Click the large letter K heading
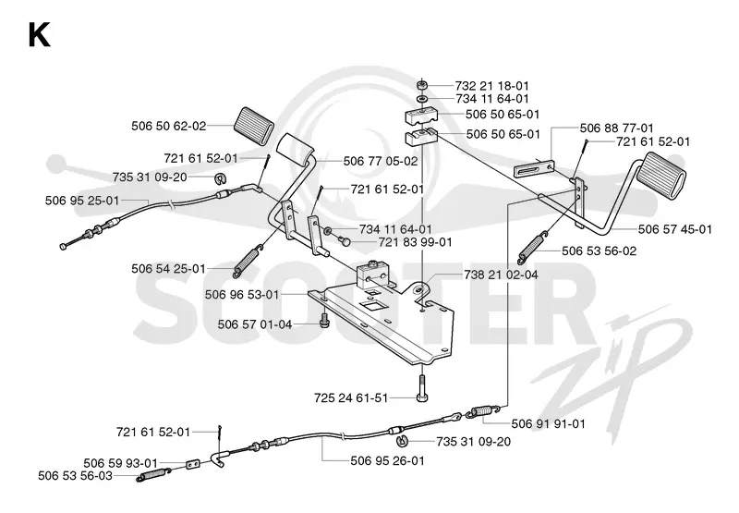39,35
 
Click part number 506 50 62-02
169,126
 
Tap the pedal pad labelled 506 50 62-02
253,125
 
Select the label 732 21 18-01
492,86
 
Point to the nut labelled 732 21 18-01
422,86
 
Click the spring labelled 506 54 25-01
247,261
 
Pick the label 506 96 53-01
242,295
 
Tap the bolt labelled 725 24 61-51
422,388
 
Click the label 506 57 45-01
675,229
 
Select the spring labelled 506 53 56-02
534,247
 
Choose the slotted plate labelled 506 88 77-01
534,168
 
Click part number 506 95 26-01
387,460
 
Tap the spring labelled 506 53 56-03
152,475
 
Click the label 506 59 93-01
121,463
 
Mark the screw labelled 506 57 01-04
324,319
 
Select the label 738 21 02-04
501,275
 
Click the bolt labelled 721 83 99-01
345,242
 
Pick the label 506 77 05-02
381,161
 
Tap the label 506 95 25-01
82,201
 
